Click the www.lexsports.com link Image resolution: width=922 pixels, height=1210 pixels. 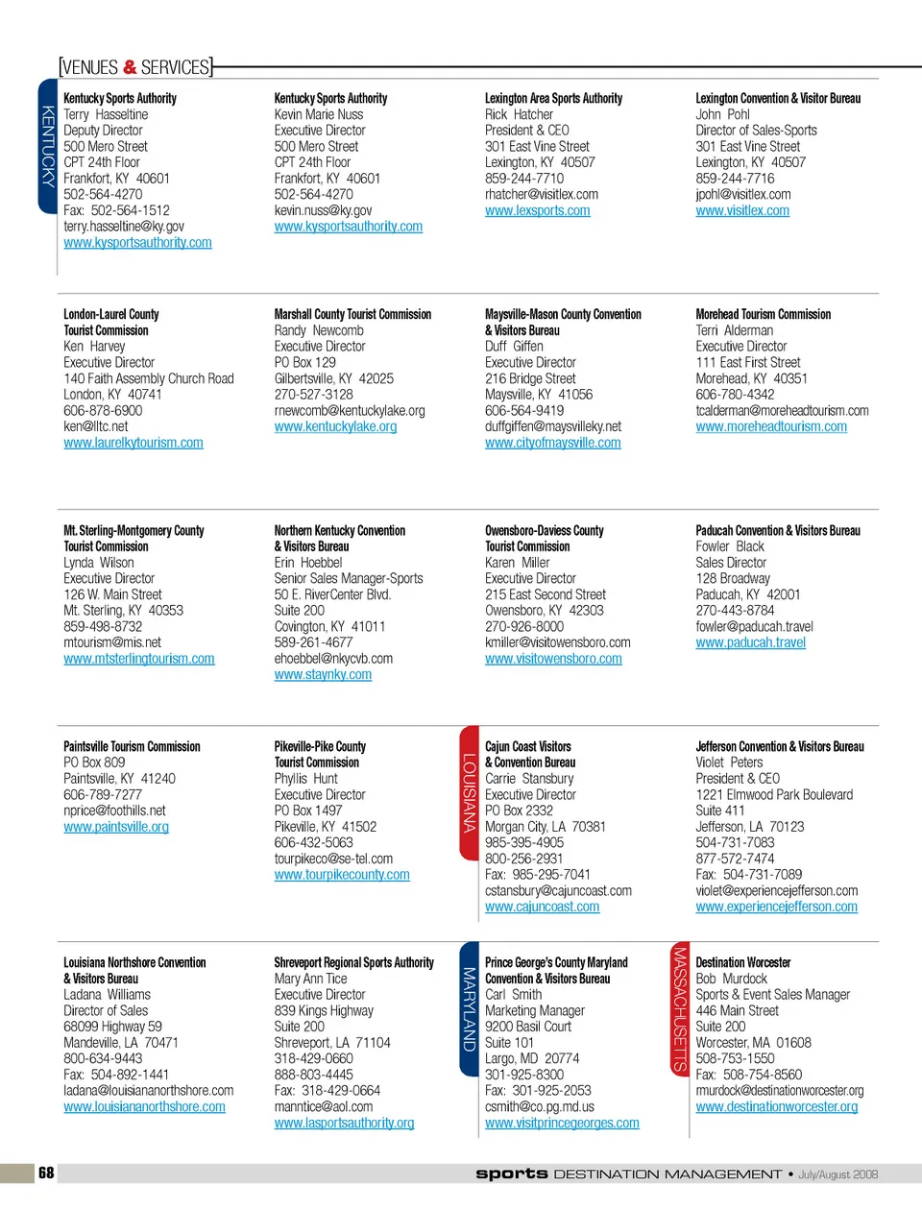537,210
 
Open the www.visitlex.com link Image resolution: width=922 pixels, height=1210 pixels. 742,210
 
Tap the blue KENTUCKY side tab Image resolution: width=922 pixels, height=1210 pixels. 48,145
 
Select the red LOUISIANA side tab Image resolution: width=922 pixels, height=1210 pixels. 470,793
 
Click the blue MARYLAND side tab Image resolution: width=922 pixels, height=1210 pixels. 470,1009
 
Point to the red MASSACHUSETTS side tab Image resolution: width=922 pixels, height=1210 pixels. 680,1009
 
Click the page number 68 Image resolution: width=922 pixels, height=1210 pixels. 46,1173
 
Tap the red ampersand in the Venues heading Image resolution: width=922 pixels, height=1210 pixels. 131,67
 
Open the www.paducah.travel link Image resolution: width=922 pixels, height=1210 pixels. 750,642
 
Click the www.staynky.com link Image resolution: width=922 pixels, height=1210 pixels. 323,675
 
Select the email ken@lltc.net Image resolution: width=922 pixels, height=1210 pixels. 95,426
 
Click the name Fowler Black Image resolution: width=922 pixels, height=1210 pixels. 730,546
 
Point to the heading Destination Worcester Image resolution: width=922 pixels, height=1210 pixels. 742,962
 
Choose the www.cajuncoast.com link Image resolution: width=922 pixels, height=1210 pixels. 542,907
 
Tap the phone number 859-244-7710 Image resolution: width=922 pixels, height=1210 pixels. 524,179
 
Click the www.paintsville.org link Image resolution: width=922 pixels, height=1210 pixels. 116,827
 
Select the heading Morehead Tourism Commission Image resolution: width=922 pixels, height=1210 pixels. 763,314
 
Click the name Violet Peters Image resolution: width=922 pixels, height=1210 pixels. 730,762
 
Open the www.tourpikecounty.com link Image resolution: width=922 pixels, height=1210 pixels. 342,875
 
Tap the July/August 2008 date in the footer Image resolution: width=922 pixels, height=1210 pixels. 837,1174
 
